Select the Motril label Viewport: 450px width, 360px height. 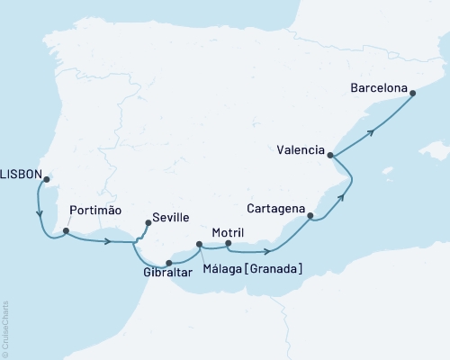[228, 232]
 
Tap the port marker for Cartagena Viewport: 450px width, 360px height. [310, 216]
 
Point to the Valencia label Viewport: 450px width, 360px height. [301, 150]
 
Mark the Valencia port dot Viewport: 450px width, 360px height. [332, 155]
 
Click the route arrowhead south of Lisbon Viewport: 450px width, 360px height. [40, 214]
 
